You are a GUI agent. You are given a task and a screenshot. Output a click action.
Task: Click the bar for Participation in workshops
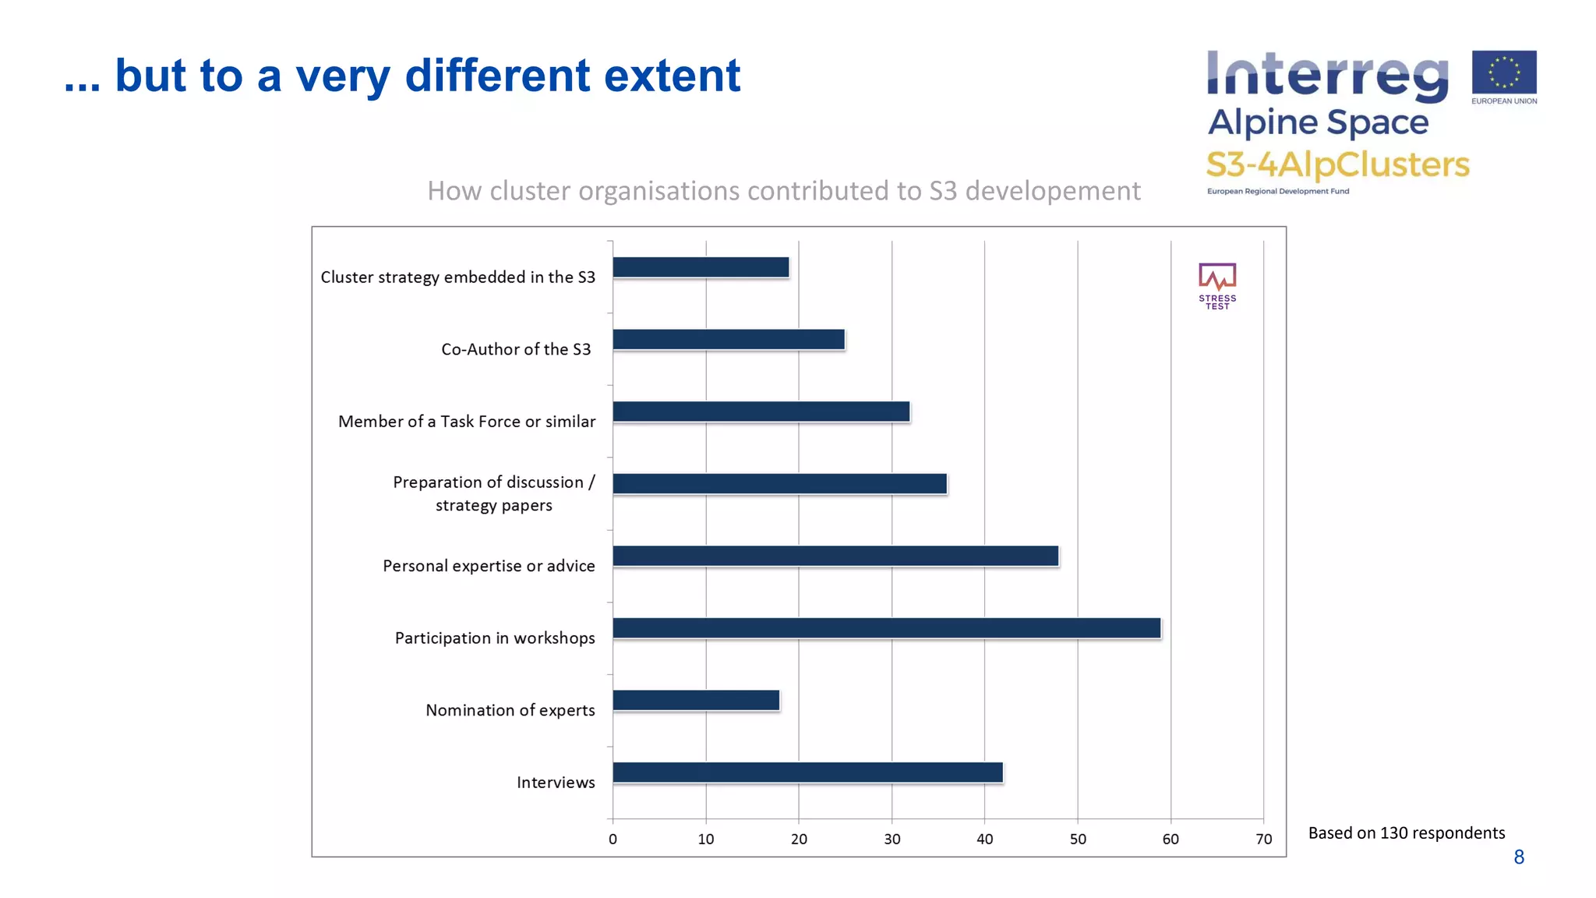click(x=887, y=628)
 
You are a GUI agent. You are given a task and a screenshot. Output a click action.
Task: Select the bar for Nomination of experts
click(x=696, y=700)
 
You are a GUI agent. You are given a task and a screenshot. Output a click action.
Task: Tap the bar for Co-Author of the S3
click(x=729, y=339)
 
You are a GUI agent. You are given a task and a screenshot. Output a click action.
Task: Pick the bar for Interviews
click(x=807, y=772)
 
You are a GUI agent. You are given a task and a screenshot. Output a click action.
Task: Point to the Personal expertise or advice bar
click(x=835, y=556)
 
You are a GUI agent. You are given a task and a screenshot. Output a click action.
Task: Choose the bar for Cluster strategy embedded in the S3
click(x=701, y=267)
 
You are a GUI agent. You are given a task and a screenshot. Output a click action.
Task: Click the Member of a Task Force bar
click(x=761, y=412)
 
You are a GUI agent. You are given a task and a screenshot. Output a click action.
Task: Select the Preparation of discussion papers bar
click(x=779, y=483)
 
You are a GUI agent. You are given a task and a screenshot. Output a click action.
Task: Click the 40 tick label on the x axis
click(x=985, y=840)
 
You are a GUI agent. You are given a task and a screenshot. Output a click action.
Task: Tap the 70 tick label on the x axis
click(x=1263, y=840)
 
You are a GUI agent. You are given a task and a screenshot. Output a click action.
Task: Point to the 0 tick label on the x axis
click(x=613, y=840)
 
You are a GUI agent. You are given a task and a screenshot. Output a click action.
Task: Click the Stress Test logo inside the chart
click(x=1217, y=286)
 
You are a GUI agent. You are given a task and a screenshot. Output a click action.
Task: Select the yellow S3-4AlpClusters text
click(x=1337, y=164)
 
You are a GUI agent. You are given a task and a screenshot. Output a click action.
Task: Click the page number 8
click(x=1519, y=857)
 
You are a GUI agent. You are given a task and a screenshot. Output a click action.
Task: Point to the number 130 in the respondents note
click(x=1394, y=833)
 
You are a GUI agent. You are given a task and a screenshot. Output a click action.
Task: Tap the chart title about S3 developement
click(x=783, y=191)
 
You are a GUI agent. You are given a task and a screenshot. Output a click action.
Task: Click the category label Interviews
click(x=556, y=783)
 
